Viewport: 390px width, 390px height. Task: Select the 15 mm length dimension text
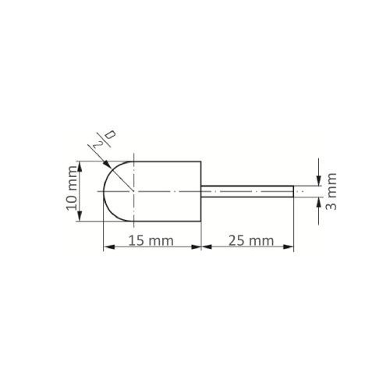(x=150, y=241)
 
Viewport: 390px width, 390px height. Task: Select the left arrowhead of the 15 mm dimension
(x=107, y=248)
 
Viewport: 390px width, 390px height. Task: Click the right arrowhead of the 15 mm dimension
(x=198, y=248)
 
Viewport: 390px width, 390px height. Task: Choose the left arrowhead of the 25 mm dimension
(x=206, y=248)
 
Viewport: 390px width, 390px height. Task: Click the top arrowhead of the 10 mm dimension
(x=80, y=165)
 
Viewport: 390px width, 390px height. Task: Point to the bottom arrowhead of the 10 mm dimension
(x=80, y=218)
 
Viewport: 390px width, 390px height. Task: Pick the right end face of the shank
(x=293, y=190)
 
